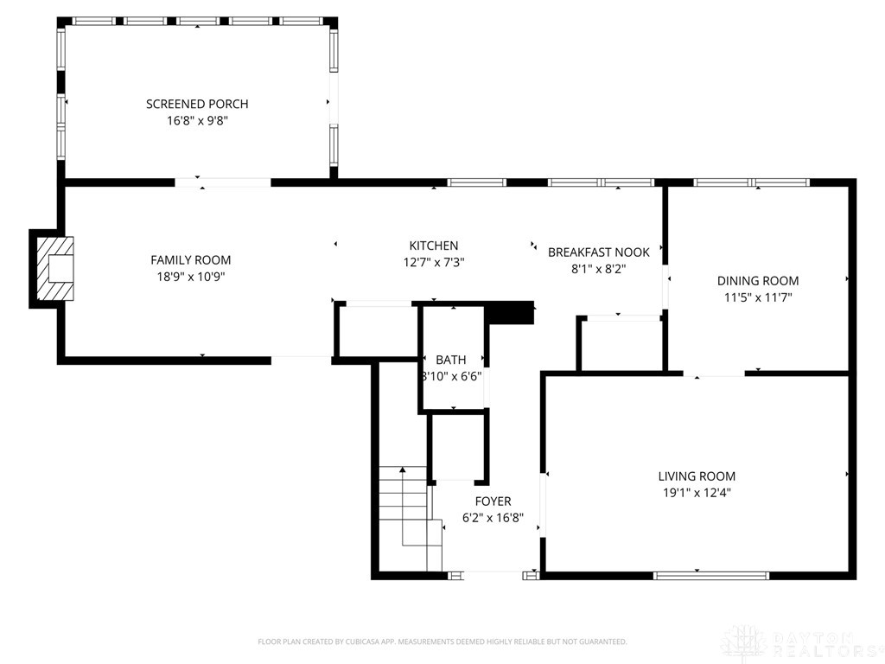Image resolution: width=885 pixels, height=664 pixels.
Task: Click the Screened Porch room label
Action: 197,104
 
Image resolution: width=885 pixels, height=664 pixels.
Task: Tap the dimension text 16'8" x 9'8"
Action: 197,121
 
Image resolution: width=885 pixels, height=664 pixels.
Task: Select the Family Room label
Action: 191,259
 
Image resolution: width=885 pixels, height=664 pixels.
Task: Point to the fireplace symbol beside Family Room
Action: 54,269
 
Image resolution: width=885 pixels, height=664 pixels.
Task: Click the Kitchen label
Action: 434,246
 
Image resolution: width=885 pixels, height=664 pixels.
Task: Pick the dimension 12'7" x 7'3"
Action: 434,262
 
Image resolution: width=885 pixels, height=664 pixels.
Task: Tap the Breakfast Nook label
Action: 598,252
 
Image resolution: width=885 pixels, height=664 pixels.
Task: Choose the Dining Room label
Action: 758,280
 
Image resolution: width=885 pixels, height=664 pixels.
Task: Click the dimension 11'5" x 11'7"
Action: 758,297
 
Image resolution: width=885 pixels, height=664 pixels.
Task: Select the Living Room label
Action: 697,476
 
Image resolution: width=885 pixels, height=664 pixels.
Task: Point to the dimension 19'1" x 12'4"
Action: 697,493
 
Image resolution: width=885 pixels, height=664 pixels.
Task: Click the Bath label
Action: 450,360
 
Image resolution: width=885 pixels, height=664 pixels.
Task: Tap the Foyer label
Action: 493,501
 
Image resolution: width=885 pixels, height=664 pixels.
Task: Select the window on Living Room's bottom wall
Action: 710,574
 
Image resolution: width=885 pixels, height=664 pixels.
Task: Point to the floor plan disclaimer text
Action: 442,642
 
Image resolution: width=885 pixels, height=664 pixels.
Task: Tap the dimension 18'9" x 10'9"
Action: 191,277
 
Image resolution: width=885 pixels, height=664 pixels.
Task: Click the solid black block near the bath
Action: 511,312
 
